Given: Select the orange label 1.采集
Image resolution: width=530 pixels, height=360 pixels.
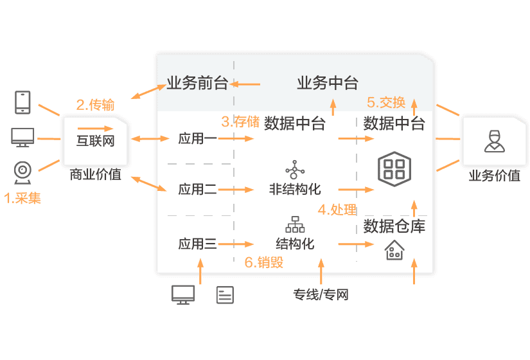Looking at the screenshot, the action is click(22, 199).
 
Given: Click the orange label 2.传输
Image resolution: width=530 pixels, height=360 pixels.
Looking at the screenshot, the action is click(95, 105).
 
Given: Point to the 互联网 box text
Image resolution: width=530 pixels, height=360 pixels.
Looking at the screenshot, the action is click(95, 140).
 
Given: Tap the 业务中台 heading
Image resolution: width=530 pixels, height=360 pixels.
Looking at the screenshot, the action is click(327, 84).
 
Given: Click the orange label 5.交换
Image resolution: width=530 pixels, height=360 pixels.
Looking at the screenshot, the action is click(386, 102).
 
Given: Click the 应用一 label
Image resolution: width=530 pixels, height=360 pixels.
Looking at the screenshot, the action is click(197, 139).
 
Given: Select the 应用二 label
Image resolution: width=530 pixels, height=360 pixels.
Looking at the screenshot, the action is click(197, 190).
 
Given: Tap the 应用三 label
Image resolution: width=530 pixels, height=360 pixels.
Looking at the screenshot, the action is click(197, 244).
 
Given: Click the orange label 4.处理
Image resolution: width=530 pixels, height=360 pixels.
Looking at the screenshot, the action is click(337, 209).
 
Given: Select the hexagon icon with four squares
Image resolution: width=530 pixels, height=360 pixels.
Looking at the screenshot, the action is click(393, 168).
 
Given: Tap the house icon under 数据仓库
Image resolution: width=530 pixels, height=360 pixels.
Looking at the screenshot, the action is click(394, 250).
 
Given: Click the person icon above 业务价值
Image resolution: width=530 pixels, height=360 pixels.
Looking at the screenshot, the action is click(493, 141).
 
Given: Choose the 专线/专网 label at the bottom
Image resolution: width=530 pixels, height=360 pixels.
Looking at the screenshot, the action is click(321, 295).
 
